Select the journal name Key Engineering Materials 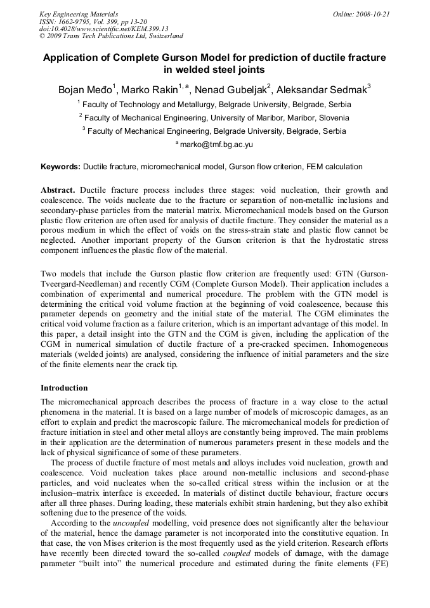coord(79,14)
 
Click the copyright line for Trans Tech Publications coord(111,36)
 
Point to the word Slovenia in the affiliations coord(331,118)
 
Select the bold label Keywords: coord(60,167)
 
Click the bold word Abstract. coord(58,190)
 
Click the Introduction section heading coord(64,387)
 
